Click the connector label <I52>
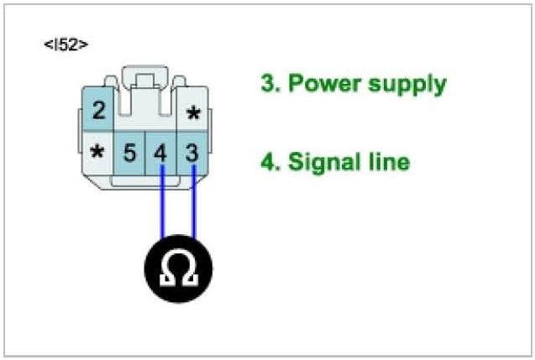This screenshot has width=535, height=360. (x=65, y=43)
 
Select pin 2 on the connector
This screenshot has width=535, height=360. (x=99, y=110)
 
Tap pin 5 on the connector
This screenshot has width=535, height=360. (x=130, y=154)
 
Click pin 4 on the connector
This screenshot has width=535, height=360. (x=161, y=154)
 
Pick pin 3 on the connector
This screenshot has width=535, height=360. (x=191, y=154)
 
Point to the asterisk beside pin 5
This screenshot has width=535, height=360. (x=98, y=154)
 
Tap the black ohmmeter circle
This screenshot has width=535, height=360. (x=177, y=269)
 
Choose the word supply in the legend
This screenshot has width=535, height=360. (x=406, y=86)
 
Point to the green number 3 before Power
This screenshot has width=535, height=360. (x=266, y=84)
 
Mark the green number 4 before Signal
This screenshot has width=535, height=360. (x=267, y=161)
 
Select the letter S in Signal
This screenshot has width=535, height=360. (x=295, y=161)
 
